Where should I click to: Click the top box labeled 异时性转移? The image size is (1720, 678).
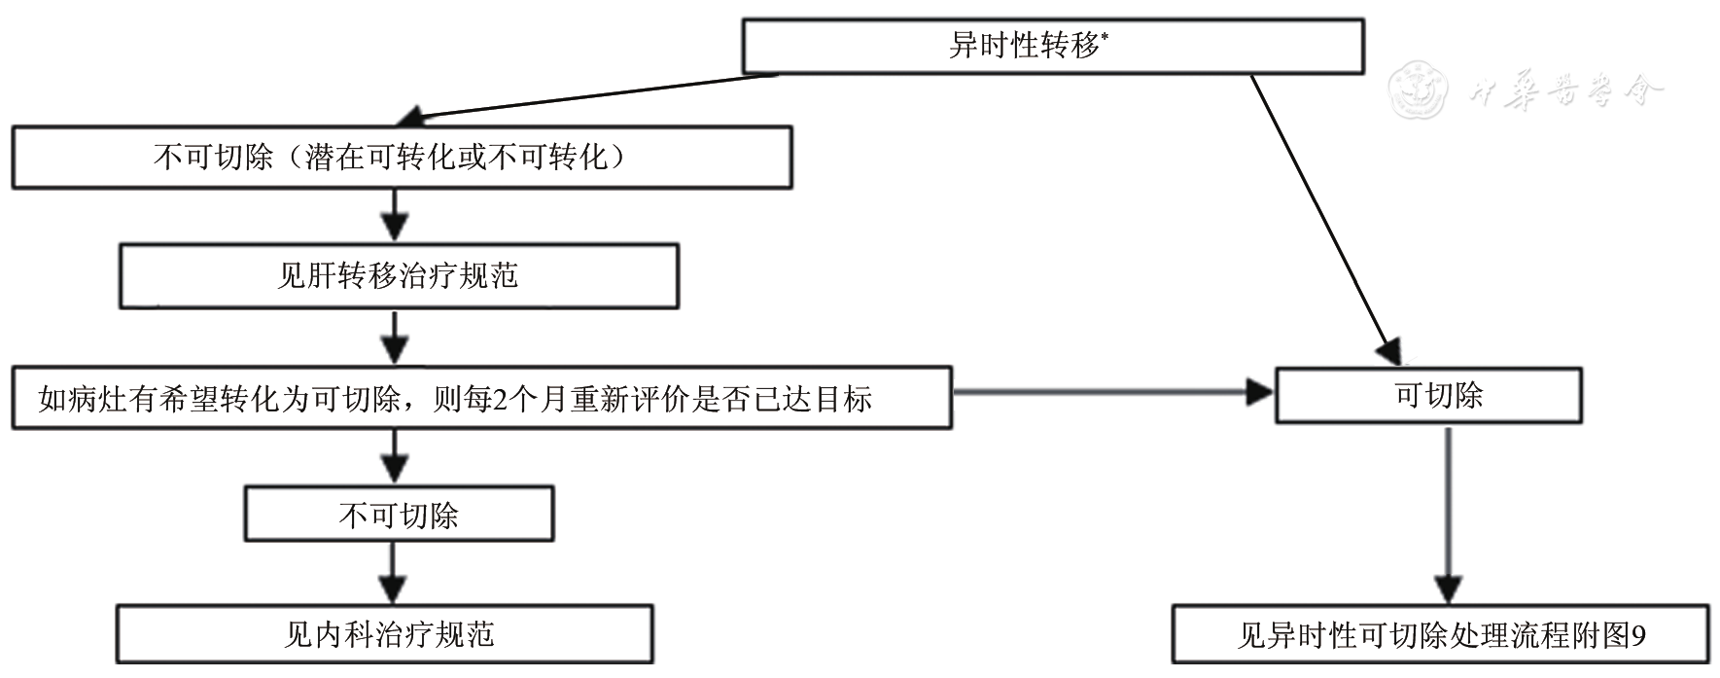[1052, 46]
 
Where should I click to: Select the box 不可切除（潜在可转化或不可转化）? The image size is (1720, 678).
[401, 157]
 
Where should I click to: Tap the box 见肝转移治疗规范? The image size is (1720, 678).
[398, 277]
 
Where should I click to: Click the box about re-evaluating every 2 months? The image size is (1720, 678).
[481, 398]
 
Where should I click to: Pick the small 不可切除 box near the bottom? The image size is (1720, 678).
[398, 515]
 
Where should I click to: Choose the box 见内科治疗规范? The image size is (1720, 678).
[385, 634]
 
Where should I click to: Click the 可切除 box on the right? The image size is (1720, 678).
[1427, 395]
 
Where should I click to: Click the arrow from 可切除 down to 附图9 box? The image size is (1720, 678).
[1449, 516]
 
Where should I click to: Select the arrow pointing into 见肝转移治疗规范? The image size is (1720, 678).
[394, 215]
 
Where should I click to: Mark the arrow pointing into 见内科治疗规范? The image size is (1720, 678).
[394, 573]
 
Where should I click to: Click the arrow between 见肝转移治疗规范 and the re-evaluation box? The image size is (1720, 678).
[394, 338]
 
